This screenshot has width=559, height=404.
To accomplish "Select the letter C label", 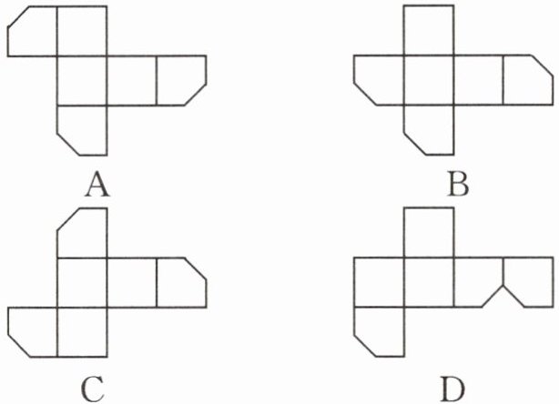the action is pyautogui.click(x=93, y=389).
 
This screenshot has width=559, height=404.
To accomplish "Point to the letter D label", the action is pyautogui.click(x=452, y=389).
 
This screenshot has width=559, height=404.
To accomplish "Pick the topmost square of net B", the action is pyautogui.click(x=428, y=31).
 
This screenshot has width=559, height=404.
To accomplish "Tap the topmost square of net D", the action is pyautogui.click(x=428, y=233).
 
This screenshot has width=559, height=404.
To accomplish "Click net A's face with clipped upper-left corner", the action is pyautogui.click(x=33, y=32).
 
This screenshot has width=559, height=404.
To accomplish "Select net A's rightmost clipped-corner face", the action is pyautogui.click(x=180, y=80).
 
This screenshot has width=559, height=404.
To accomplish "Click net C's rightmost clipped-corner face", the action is pyautogui.click(x=180, y=281).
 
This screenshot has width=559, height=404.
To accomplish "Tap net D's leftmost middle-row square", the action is pyautogui.click(x=379, y=282).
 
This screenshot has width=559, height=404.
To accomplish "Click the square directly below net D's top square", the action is pyautogui.click(x=428, y=282).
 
